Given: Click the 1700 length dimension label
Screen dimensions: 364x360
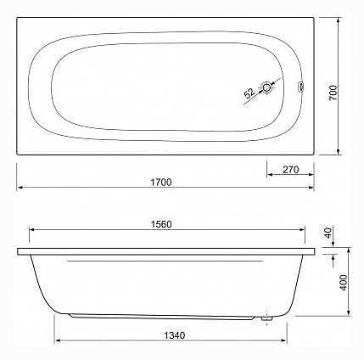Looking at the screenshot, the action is (160, 182).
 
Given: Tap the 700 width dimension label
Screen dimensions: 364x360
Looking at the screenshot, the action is (333, 93).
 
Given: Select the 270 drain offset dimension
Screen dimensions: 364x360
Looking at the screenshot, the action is (291, 170).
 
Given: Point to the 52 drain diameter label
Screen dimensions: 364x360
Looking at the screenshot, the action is (249, 93).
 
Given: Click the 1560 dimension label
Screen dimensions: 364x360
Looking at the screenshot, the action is (161, 224).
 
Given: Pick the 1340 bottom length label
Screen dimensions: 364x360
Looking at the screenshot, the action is (175, 335).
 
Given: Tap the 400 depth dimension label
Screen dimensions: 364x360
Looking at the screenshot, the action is (344, 283).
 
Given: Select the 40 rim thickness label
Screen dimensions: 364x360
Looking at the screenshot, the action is (328, 233).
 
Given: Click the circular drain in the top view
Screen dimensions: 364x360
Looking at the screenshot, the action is (266, 87).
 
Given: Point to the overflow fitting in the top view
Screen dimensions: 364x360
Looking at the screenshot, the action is (300, 87).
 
